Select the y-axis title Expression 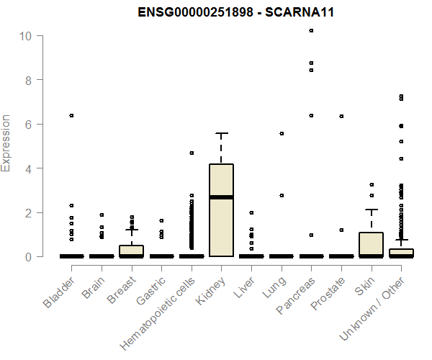tap(6, 143)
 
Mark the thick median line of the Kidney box tap(221, 197)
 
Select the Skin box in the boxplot tap(372, 243)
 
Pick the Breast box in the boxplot tap(131, 251)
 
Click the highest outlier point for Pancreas tap(311, 30)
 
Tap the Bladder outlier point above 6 tap(71, 115)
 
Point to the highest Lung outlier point tap(281, 133)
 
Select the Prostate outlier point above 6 tap(341, 116)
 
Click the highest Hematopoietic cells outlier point tap(192, 153)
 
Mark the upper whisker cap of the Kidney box tap(221, 133)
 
